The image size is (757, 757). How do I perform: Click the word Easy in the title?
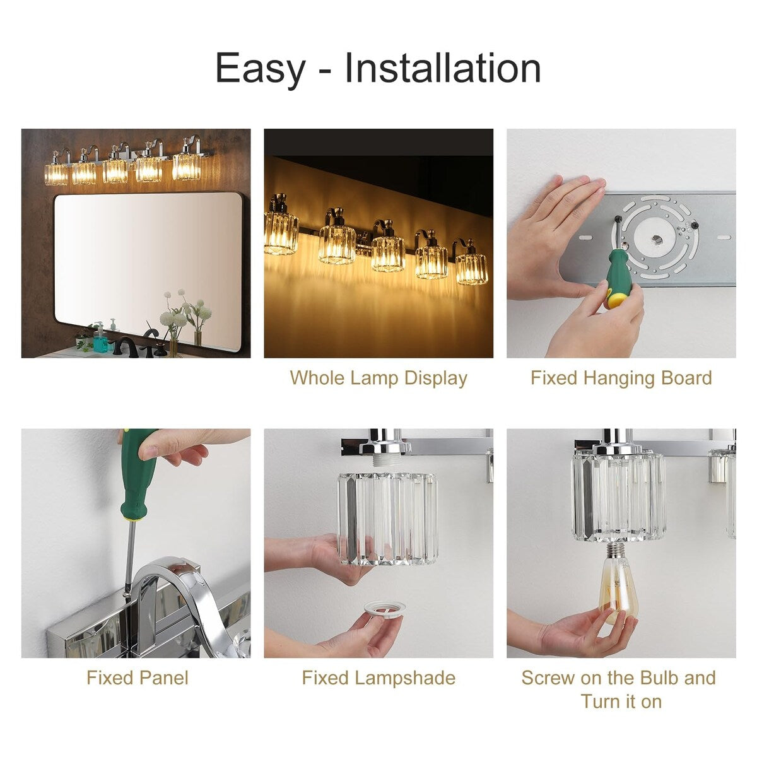click(x=259, y=68)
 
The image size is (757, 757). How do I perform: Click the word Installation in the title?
click(x=442, y=68)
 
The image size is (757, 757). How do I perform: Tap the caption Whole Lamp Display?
click(x=378, y=378)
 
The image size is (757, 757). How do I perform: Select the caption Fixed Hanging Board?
click(x=621, y=378)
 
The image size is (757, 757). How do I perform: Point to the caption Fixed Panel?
click(x=137, y=678)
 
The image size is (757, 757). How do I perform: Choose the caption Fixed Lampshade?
click(x=378, y=678)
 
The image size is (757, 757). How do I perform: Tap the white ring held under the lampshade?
click(x=385, y=610)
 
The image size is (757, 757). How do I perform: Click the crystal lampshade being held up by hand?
click(x=388, y=517)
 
